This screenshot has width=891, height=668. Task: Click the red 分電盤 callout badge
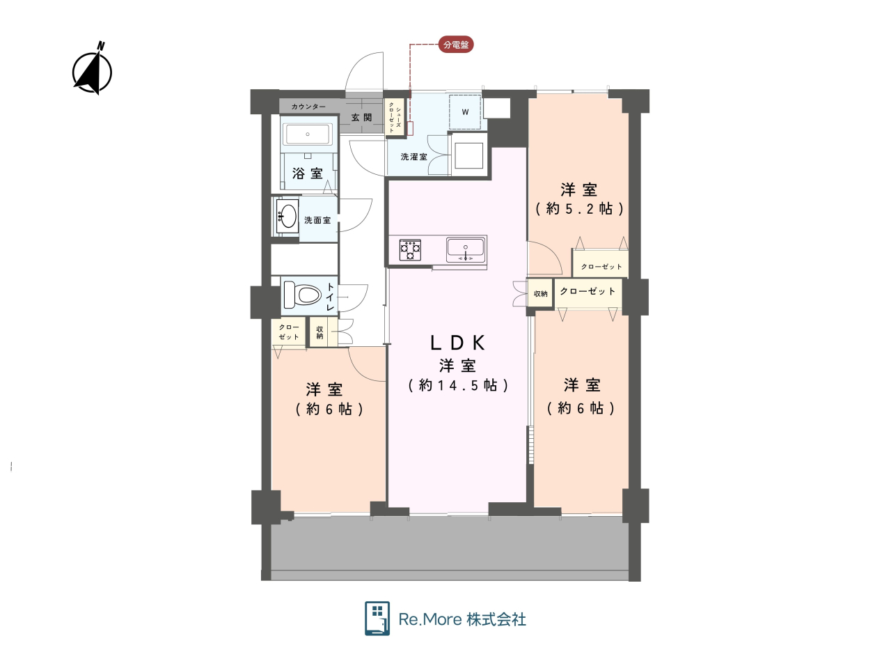pyautogui.click(x=456, y=45)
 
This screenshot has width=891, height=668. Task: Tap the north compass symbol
pyautogui.click(x=93, y=69)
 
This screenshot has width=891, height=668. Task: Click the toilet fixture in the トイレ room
pyautogui.click(x=302, y=295)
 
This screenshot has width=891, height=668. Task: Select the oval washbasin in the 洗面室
pyautogui.click(x=287, y=216)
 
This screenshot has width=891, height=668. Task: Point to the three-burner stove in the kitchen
pyautogui.click(x=410, y=249)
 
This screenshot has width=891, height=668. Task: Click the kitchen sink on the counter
pyautogui.click(x=465, y=250)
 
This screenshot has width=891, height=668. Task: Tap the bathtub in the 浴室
pyautogui.click(x=307, y=134)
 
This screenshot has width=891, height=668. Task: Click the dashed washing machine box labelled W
pyautogui.click(x=465, y=112)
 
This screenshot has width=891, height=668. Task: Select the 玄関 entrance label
pyautogui.click(x=362, y=117)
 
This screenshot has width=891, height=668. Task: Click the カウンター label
pyautogui.click(x=308, y=107)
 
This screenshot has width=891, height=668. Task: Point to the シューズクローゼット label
pyautogui.click(x=395, y=117)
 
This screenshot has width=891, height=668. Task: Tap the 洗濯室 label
pyautogui.click(x=414, y=157)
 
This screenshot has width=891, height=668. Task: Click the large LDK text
pyautogui.click(x=457, y=343)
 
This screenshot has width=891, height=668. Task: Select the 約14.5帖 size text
pyautogui.click(x=458, y=385)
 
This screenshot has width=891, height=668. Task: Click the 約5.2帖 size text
pyautogui.click(x=579, y=209)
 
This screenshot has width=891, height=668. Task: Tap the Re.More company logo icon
pyautogui.click(x=377, y=618)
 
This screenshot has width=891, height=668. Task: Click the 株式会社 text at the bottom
pyautogui.click(x=496, y=619)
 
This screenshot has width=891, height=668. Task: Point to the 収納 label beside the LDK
pyautogui.click(x=541, y=293)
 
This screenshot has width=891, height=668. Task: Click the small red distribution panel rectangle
pyautogui.click(x=410, y=128)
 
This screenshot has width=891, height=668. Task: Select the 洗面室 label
pyautogui.click(x=317, y=220)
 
